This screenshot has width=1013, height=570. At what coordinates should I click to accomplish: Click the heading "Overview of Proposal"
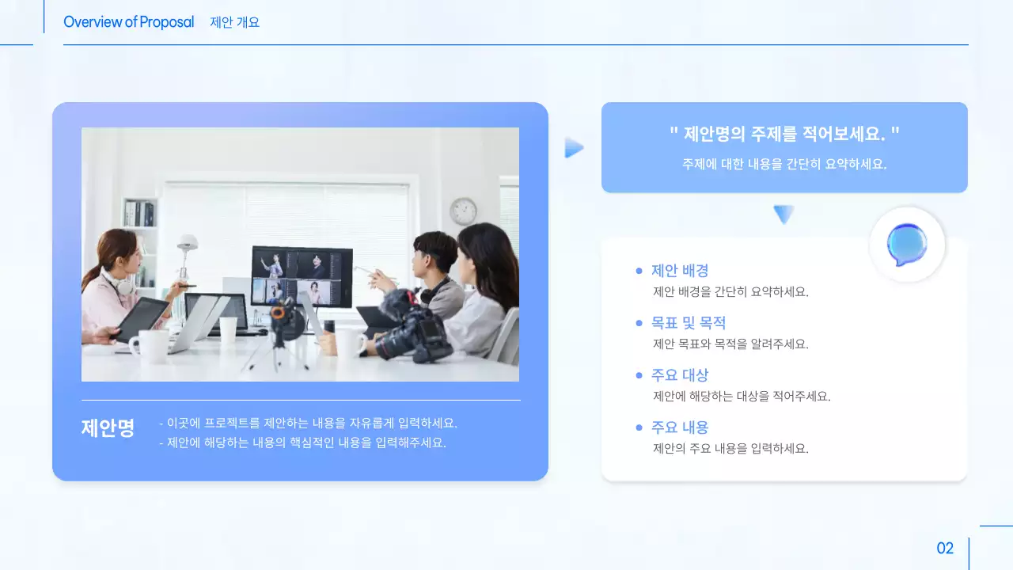click(128, 22)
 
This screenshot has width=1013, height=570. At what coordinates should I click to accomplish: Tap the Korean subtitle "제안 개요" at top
click(235, 22)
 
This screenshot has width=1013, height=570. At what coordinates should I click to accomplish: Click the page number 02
click(945, 548)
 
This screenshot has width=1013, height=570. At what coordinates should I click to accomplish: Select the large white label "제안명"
click(108, 428)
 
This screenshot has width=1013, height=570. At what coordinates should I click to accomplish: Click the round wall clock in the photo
click(463, 211)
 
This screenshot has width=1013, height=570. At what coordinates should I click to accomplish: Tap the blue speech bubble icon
click(907, 245)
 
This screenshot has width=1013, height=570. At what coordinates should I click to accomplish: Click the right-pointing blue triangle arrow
click(574, 148)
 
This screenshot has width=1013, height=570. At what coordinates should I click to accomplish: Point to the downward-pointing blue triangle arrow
click(783, 214)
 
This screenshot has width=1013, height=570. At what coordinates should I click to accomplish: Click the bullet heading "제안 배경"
click(680, 271)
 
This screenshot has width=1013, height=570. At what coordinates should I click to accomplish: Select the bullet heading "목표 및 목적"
click(689, 323)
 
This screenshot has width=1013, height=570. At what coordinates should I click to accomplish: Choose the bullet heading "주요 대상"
click(680, 375)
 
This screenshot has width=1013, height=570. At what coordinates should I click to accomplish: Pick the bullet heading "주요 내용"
click(680, 427)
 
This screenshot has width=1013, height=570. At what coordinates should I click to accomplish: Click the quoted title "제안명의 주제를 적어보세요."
click(784, 134)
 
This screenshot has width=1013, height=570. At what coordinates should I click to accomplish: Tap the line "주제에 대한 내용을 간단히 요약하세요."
click(784, 165)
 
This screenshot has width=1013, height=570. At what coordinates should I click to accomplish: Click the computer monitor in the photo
click(302, 275)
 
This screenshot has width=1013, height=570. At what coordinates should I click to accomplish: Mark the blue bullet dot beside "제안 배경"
click(639, 271)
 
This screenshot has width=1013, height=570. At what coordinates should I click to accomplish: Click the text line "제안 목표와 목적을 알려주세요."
click(730, 344)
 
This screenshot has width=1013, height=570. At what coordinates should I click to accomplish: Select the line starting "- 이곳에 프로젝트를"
click(309, 424)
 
